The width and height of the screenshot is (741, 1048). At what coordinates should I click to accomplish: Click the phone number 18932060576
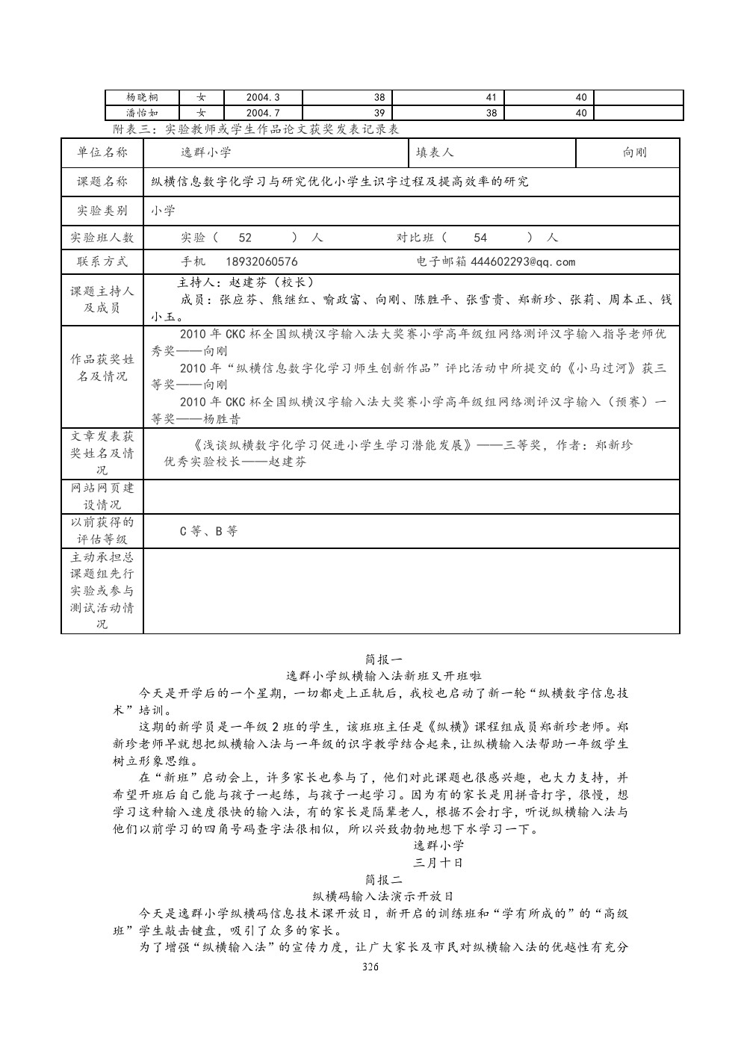261,262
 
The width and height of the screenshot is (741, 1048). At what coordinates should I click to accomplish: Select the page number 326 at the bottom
370,967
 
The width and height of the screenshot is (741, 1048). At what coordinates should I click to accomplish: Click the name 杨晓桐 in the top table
142,97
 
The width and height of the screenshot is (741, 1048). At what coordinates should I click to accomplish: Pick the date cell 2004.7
262,114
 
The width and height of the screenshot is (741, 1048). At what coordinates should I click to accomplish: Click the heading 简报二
384,879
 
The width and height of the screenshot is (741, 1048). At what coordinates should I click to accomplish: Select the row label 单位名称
102,152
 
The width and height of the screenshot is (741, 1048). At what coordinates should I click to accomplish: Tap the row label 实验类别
102,211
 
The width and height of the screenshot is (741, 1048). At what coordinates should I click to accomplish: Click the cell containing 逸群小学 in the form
206,152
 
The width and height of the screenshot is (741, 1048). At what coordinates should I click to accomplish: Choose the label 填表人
435,152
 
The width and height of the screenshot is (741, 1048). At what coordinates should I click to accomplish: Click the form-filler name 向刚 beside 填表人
634,152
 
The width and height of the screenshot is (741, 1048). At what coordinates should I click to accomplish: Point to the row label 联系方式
102,262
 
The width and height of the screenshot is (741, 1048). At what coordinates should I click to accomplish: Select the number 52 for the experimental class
245,238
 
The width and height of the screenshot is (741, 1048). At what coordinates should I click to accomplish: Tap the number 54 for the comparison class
480,238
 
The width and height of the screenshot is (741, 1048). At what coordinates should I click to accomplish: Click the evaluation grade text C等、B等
208,532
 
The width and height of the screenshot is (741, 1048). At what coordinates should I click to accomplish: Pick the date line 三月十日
438,862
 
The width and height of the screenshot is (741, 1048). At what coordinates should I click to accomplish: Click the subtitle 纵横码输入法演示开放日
383,896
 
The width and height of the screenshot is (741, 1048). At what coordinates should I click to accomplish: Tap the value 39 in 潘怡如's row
379,114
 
